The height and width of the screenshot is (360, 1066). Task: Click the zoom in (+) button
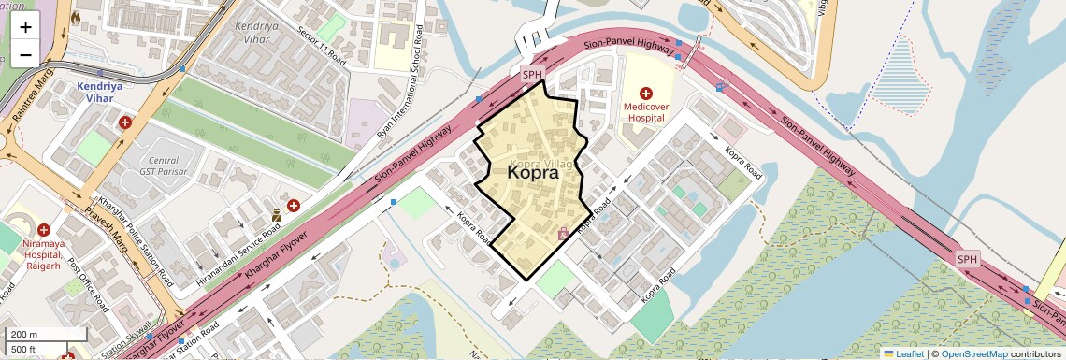click(25, 26)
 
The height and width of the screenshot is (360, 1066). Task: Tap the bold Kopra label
click(533, 173)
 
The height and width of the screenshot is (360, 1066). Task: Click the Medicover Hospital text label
click(645, 112)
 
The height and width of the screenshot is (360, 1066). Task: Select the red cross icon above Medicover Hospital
click(645, 94)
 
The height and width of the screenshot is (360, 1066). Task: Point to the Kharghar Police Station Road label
click(136, 238)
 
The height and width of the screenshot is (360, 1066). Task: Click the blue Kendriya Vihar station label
click(99, 91)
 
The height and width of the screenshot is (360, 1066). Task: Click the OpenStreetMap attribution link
click(973, 353)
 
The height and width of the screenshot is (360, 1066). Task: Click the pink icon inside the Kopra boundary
click(563, 234)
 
